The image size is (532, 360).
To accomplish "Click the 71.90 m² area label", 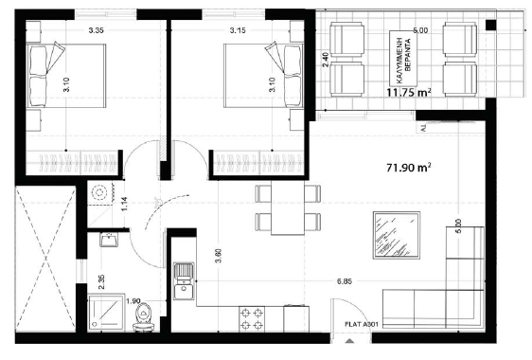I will (x=409, y=167).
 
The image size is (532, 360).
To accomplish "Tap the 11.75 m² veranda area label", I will (x=408, y=93).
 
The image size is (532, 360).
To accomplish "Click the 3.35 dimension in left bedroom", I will (x=95, y=30).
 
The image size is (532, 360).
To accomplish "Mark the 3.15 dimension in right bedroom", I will (x=238, y=30).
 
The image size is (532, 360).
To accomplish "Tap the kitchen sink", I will (x=184, y=281).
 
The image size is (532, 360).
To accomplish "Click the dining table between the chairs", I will (x=286, y=208).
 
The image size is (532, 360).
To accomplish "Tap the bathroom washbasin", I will (x=108, y=239).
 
